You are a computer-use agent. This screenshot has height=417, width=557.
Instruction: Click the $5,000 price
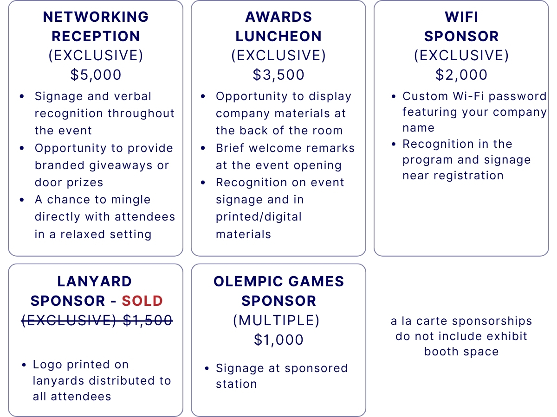(96, 75)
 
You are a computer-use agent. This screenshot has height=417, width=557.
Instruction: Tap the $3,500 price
(278, 75)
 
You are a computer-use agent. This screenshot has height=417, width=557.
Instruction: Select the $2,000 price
(461, 75)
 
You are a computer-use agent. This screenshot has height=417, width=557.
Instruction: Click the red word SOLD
(142, 301)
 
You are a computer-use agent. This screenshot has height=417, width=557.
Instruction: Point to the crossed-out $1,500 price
(148, 320)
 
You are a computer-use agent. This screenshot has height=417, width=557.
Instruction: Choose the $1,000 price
(278, 340)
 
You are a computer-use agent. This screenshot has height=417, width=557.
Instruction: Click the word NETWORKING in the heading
(96, 17)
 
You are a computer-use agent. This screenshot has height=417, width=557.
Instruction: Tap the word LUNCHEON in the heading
(278, 36)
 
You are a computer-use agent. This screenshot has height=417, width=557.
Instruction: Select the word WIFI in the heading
(461, 17)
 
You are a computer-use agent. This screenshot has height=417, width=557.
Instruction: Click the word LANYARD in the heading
(94, 281)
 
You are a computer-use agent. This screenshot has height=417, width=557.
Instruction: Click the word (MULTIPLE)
(276, 321)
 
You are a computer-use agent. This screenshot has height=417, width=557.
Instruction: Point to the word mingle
(131, 200)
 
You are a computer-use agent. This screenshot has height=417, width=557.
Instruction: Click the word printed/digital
(259, 217)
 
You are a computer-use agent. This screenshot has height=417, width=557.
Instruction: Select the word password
(518, 97)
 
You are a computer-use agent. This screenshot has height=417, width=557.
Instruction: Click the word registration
(468, 176)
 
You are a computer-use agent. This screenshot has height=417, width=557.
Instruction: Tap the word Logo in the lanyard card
(47, 365)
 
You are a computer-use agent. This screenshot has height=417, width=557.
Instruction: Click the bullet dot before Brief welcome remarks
(203, 148)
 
